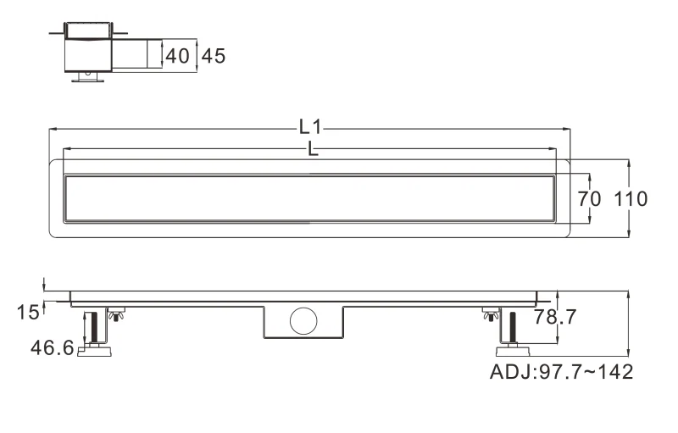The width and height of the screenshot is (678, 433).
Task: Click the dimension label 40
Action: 178,56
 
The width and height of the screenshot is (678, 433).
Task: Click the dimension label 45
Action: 214,56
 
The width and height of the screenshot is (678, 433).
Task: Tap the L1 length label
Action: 310,127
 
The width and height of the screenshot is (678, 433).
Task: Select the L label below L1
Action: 313,149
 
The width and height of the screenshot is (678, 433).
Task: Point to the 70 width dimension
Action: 589,199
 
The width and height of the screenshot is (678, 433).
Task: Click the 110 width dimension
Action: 631,199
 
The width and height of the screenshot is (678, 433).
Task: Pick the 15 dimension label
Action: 28,312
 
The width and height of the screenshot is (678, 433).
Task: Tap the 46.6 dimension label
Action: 53,347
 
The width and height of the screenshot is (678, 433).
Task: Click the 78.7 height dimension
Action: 555,317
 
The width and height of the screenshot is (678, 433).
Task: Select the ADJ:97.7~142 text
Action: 561,372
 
